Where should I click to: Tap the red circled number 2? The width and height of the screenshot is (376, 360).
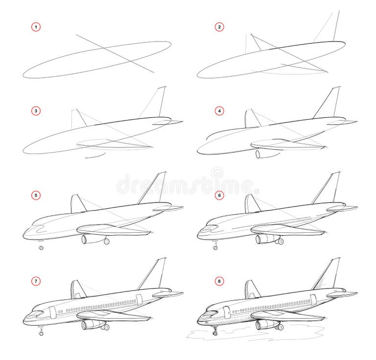tap(220, 26)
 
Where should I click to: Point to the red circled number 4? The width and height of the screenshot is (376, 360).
tap(220, 111)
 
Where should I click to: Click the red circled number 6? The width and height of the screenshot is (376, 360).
tap(220, 195)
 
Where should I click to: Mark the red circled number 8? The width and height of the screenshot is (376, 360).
tap(220, 281)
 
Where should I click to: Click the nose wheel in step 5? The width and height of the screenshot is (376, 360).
tap(41, 248)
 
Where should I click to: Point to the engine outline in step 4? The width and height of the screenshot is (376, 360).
tap(263, 154)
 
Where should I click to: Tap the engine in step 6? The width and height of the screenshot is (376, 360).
tap(264, 239)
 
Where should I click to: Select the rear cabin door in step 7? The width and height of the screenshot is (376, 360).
tap(139, 299)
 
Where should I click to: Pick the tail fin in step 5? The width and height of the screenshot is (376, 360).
tap(155, 188)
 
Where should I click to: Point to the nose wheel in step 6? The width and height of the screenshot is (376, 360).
tap(215, 247)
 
